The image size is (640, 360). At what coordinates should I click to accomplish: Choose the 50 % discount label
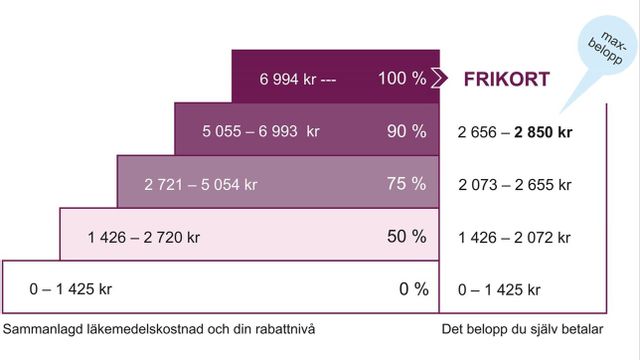click(x=406, y=237)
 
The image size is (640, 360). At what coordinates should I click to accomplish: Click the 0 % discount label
click(x=413, y=289)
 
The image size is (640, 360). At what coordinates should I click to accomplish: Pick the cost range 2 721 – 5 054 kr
click(x=200, y=185)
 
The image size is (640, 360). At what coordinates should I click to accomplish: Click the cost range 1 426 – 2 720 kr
click(x=144, y=238)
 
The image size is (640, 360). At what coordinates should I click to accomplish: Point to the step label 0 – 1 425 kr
click(x=69, y=290)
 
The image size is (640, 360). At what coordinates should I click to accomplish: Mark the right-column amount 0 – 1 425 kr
click(x=499, y=290)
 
